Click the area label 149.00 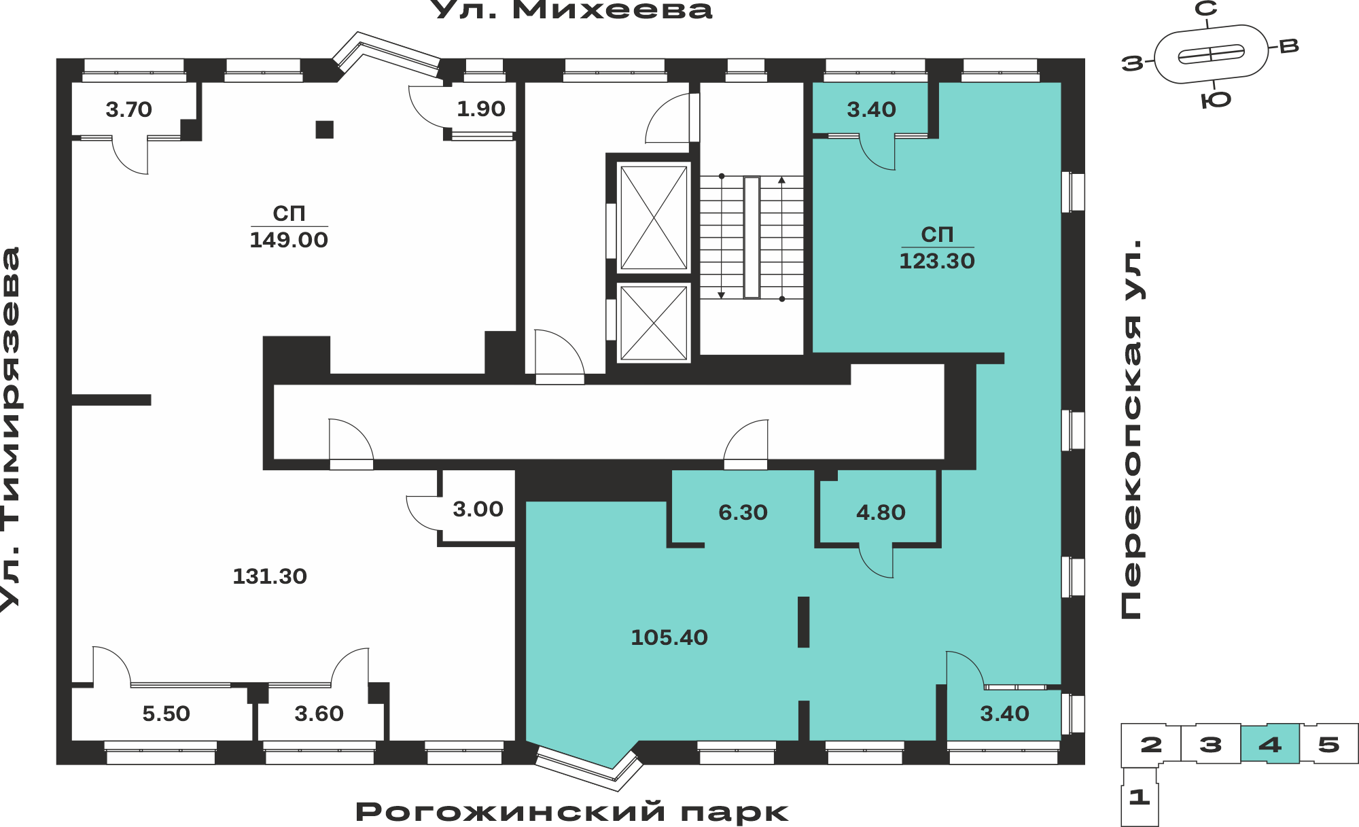click(x=289, y=240)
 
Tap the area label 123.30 click(x=937, y=261)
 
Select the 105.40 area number click(x=669, y=637)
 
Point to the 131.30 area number click(x=270, y=576)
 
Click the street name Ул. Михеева click(x=572, y=10)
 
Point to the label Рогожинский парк click(x=572, y=812)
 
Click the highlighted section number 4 click(x=1270, y=744)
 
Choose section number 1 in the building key click(x=1140, y=796)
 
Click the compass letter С click(x=1206, y=9)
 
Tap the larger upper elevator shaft click(x=654, y=217)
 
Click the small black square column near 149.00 click(x=325, y=129)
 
